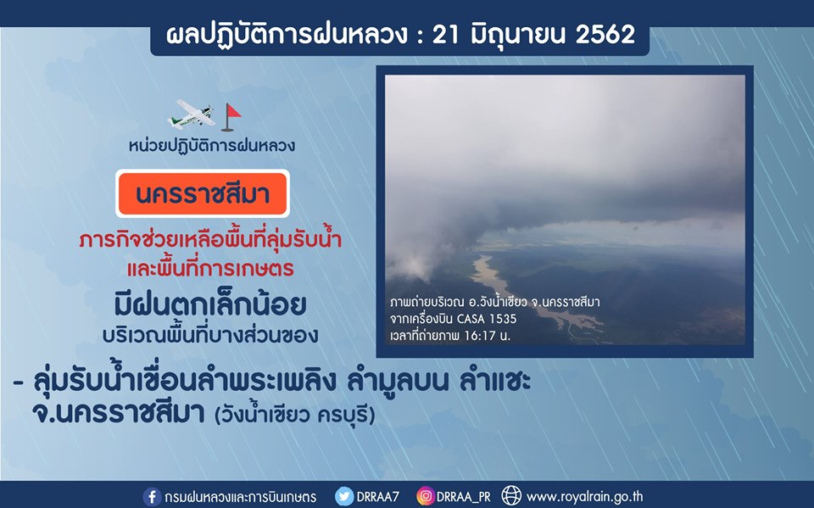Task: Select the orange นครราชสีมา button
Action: tap(203, 193)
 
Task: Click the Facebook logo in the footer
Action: tap(152, 497)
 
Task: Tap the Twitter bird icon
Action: tap(343, 497)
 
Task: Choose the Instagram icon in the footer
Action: tap(425, 497)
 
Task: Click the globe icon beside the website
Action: tap(511, 496)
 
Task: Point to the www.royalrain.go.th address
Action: tap(584, 497)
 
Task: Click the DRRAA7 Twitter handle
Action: tap(378, 497)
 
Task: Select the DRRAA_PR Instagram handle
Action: tap(464, 497)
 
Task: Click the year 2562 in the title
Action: tap(605, 35)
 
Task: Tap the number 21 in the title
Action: tap(446, 35)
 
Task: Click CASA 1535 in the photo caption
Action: tap(487, 319)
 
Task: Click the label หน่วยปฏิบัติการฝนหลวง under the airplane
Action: tap(212, 145)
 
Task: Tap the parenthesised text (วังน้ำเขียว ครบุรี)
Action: tap(295, 415)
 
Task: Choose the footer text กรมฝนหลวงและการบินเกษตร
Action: tap(240, 497)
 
